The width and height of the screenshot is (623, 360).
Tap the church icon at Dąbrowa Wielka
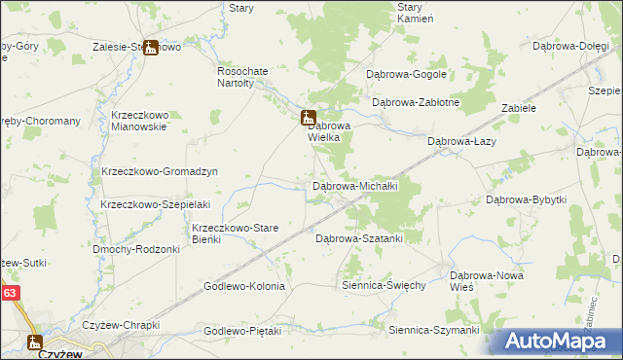[308, 117]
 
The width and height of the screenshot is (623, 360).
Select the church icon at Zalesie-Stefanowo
[151, 47]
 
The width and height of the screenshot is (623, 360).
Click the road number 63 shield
[10, 291]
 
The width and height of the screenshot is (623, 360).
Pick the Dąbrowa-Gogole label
[405, 74]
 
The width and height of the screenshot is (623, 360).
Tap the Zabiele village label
[519, 108]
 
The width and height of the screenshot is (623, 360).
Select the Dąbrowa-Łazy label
[462, 141]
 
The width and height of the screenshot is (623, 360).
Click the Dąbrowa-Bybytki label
[526, 199]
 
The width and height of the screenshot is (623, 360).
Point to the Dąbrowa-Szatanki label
[359, 237]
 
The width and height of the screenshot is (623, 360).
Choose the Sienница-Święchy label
[384, 285]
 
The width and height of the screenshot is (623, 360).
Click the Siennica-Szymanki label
[433, 330]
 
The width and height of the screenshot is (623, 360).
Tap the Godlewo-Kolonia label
[243, 286]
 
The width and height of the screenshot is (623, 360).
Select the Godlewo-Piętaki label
[242, 331]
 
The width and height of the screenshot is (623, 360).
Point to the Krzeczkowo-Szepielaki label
[156, 204]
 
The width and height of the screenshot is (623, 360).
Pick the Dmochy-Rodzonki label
[136, 249]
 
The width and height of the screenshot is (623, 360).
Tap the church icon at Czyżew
[35, 341]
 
